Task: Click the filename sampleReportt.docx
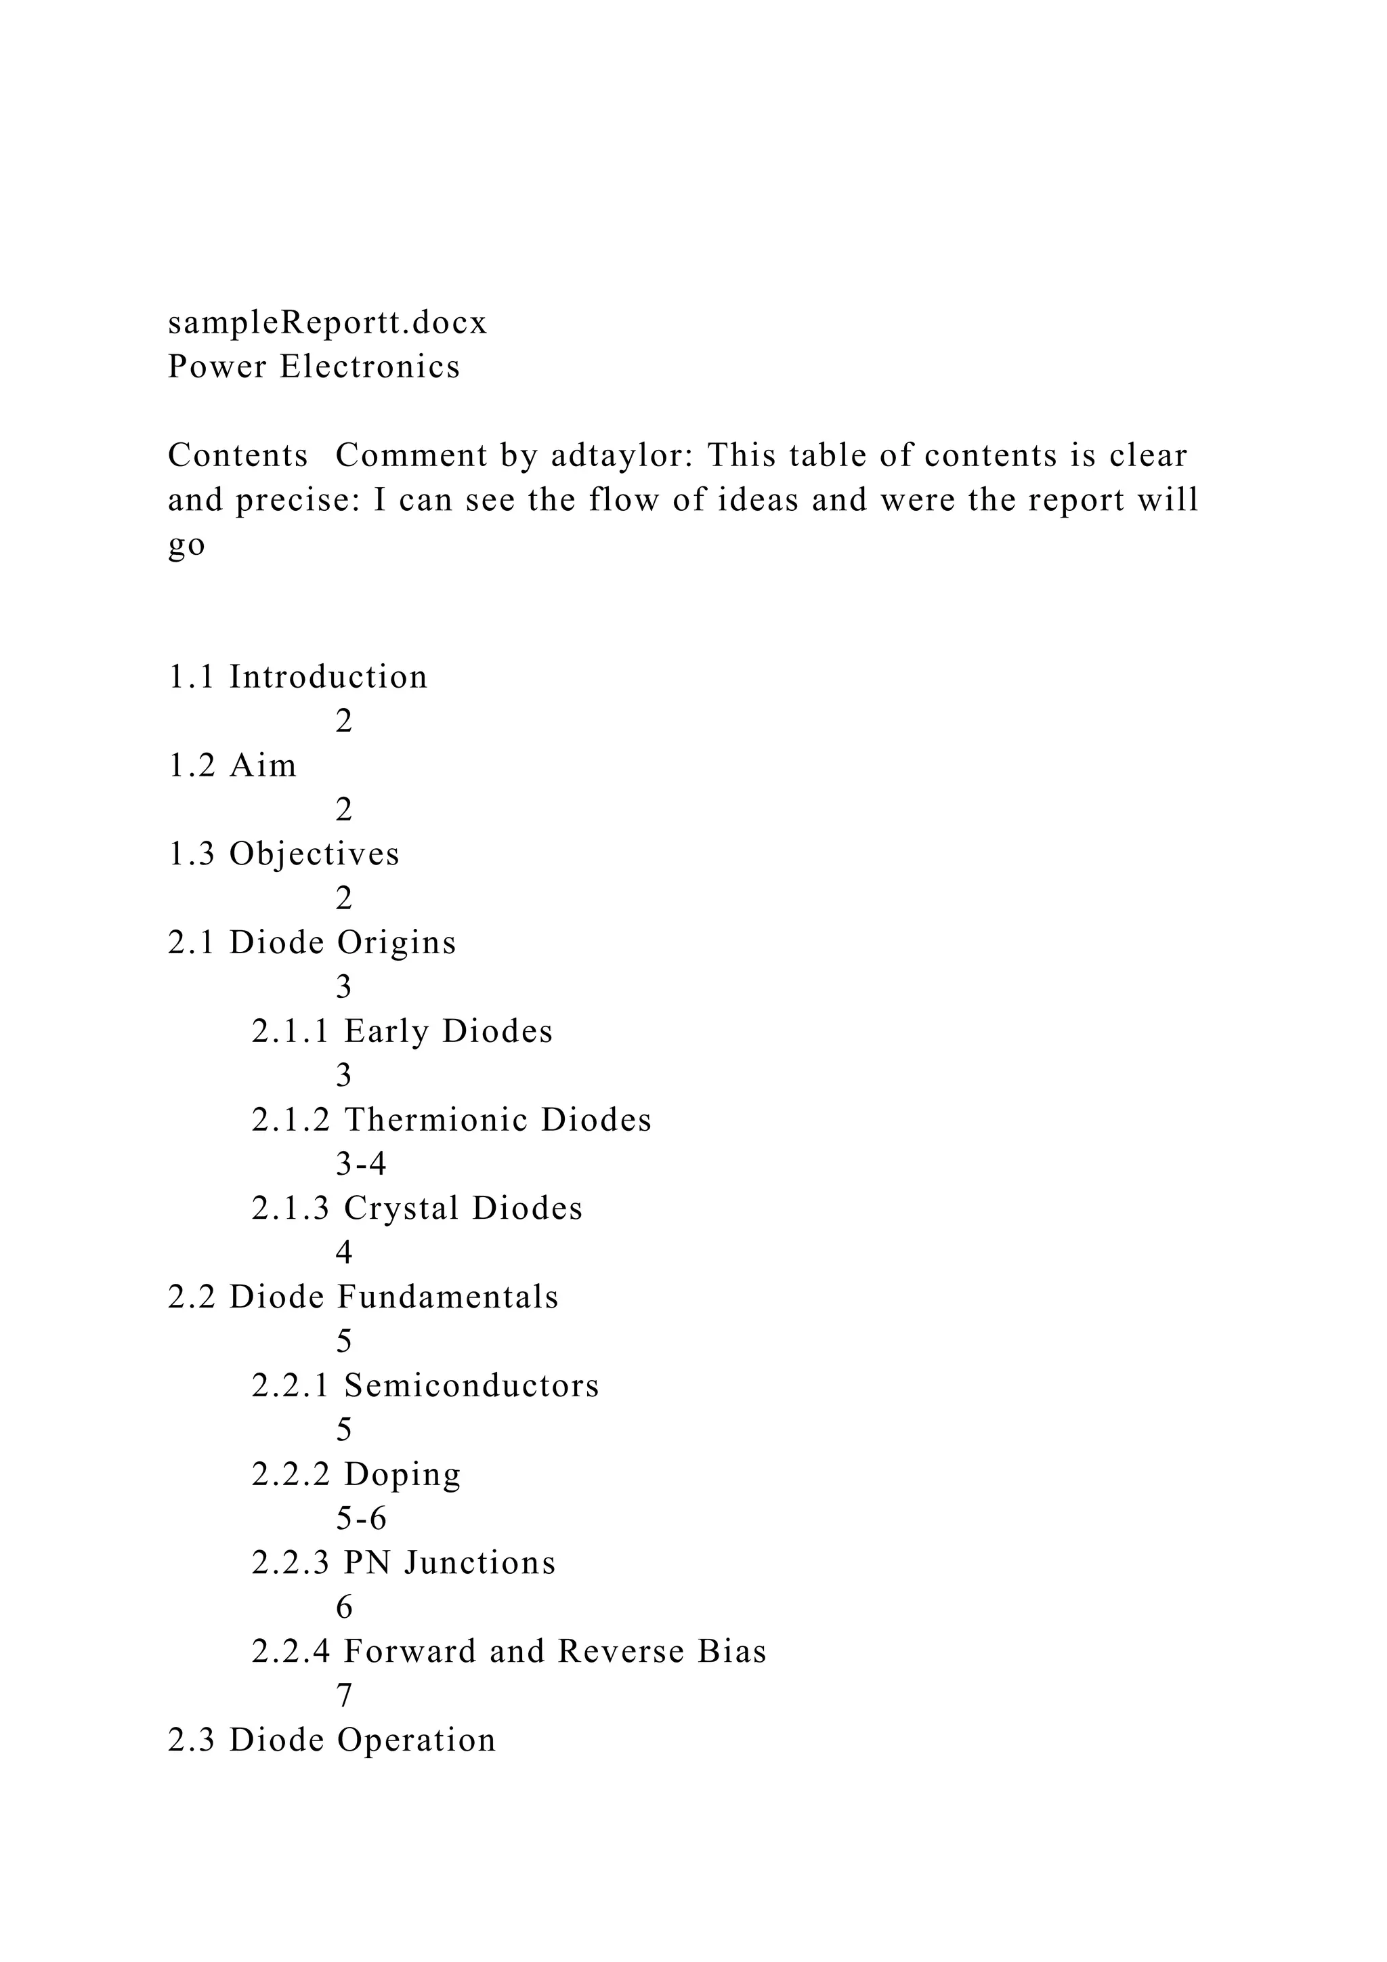click(x=327, y=323)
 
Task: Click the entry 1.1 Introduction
click(x=297, y=677)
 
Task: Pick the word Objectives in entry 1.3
click(x=314, y=854)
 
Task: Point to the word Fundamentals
click(x=448, y=1297)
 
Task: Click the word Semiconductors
click(x=471, y=1385)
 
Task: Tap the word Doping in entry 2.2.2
click(x=402, y=1474)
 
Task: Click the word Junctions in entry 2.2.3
click(x=480, y=1563)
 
